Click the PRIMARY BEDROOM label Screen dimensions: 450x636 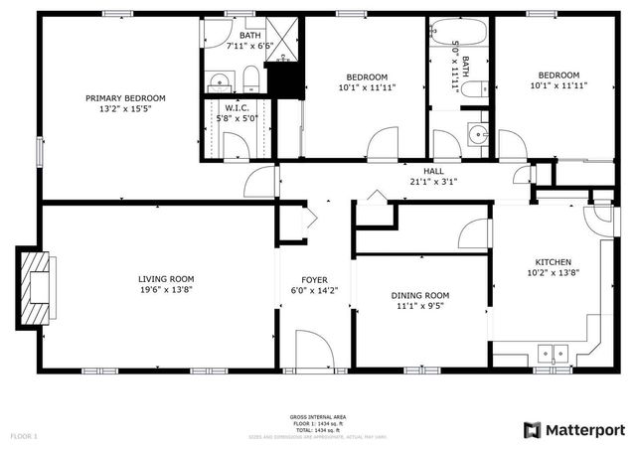[124, 98]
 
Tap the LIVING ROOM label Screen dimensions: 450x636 [166, 279]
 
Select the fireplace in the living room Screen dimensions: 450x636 [35, 286]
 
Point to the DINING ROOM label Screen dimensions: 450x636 [419, 296]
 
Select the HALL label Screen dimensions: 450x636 [433, 171]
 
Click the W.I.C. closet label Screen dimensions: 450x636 [236, 107]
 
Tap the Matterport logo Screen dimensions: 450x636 [574, 429]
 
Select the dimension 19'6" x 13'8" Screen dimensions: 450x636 [166, 290]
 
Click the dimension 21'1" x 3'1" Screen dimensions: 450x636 [433, 182]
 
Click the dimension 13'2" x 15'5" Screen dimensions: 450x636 [124, 109]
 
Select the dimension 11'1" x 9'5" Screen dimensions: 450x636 [419, 307]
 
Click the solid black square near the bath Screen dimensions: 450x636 [287, 80]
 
